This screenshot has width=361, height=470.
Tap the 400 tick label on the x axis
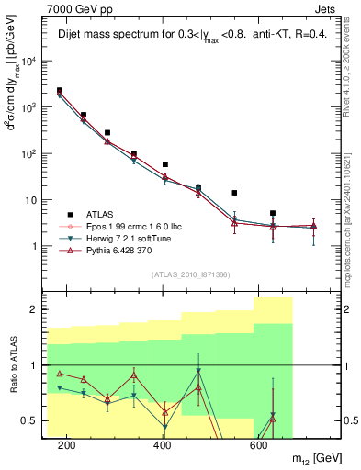click(163, 445)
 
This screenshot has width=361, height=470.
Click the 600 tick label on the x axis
click(259, 445)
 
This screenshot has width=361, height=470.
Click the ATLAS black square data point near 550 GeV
click(235, 193)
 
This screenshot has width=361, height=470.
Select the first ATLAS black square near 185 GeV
click(60, 91)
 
